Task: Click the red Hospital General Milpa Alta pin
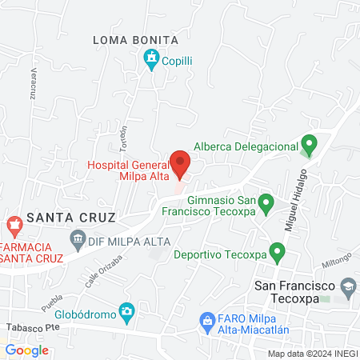click(x=182, y=162)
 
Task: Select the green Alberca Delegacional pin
click(x=309, y=145)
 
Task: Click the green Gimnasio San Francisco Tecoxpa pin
click(x=267, y=202)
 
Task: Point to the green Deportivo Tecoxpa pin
click(x=278, y=253)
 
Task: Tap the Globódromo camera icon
click(x=126, y=310)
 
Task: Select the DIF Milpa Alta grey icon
click(x=78, y=238)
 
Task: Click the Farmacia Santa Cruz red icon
click(x=14, y=225)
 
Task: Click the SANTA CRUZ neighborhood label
click(x=71, y=217)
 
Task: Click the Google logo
click(x=26, y=350)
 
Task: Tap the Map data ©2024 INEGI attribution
click(x=312, y=353)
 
